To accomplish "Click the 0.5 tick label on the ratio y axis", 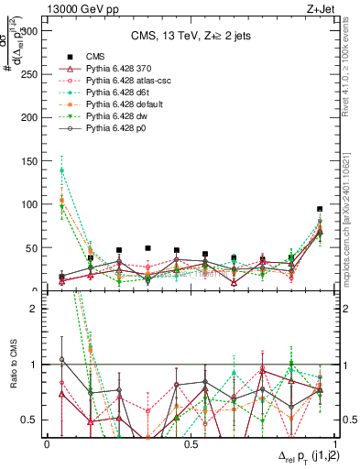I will tap(32, 420).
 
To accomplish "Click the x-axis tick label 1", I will tap(334, 444).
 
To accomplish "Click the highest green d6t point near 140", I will tap(61, 170).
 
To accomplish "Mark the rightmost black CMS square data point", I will tap(320, 209).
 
